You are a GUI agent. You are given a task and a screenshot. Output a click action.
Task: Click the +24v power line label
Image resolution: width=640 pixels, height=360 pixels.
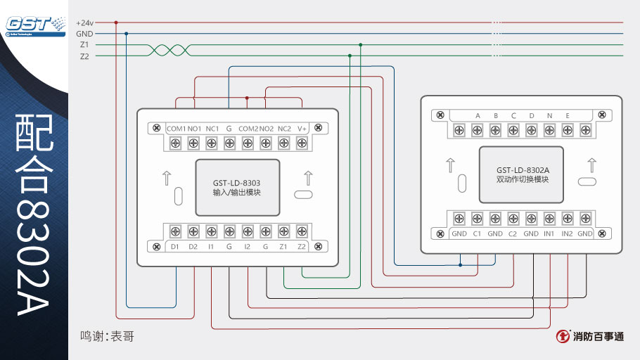coord(84,22)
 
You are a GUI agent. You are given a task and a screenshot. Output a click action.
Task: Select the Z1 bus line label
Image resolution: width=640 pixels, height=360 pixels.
coord(84,45)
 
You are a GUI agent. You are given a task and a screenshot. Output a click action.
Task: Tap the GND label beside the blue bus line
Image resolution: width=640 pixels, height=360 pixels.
coord(84,34)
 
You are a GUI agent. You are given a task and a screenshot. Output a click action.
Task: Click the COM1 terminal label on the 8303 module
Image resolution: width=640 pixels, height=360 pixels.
coord(176,129)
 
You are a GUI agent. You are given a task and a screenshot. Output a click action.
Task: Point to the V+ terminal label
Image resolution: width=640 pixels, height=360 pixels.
coord(302,129)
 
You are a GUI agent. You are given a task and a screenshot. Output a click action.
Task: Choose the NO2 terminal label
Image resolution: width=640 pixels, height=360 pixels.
coord(266,129)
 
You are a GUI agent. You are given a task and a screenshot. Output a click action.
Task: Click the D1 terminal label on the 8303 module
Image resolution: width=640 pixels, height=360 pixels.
coord(175,247)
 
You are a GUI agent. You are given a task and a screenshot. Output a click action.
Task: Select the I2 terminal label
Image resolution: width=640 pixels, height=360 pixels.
coord(248,247)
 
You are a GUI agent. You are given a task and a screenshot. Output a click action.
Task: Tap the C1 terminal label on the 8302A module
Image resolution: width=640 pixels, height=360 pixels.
coord(477,233)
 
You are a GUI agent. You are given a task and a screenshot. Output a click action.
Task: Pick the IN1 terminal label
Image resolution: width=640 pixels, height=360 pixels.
coord(549,233)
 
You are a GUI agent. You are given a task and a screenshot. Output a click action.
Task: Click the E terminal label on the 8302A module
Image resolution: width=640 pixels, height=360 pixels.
coord(568,115)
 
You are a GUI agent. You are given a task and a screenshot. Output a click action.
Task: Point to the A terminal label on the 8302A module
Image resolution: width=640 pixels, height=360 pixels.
coord(478,115)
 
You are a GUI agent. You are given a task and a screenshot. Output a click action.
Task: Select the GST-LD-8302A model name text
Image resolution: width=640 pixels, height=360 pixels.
coord(522,170)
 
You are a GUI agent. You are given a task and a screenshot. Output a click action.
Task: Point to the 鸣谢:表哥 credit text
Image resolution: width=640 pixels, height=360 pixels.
coord(107,337)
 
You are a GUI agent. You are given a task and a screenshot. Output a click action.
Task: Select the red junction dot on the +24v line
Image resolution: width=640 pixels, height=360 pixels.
coord(116,22)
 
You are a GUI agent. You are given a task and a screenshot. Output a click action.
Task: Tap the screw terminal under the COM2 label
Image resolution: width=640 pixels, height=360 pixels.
coord(248,143)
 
